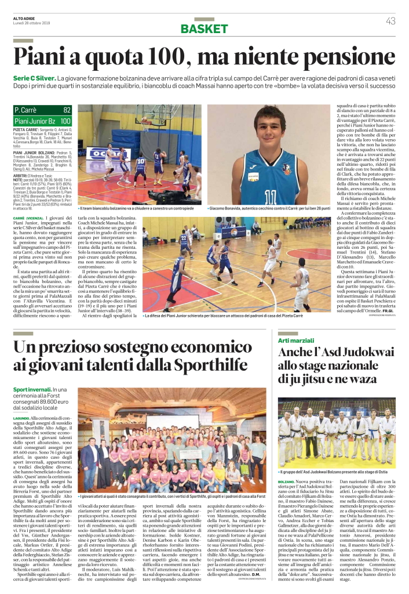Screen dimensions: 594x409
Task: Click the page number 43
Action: pyautogui.click(x=390, y=21)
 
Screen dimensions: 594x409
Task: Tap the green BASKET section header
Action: pyautogui.click(x=204, y=29)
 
